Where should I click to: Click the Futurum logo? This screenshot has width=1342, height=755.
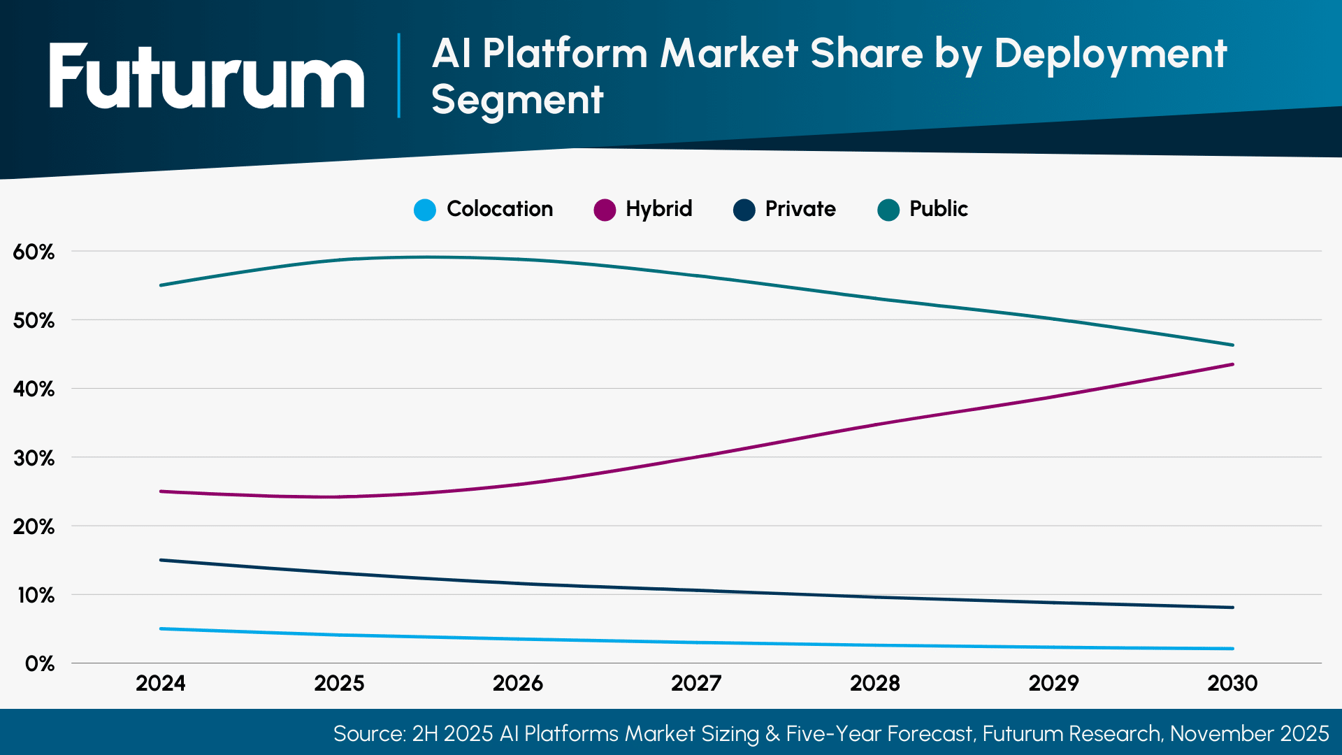(207, 77)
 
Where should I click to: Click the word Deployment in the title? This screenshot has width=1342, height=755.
(1109, 53)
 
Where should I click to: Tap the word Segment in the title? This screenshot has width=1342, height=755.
(517, 100)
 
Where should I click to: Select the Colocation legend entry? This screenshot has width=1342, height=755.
(484, 209)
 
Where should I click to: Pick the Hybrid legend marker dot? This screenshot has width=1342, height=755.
(604, 210)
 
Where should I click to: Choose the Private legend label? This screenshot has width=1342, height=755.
(800, 209)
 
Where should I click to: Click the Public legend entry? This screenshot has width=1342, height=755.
(923, 209)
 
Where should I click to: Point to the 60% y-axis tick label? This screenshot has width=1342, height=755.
(34, 252)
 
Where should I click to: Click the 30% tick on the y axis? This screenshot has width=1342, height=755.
(34, 459)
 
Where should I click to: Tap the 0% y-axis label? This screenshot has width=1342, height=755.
(39, 664)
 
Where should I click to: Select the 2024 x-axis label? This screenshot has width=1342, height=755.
(161, 683)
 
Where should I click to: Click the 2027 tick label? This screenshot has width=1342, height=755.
(696, 683)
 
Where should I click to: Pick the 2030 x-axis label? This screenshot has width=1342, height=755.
(1232, 683)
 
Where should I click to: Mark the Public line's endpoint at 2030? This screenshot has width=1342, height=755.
(1232, 345)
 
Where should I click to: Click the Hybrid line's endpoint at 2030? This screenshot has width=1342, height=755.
(1232, 364)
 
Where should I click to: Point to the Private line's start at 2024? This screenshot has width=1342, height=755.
(161, 560)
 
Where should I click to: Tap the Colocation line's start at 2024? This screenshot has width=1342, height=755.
(161, 628)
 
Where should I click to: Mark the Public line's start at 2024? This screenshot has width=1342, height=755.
(161, 285)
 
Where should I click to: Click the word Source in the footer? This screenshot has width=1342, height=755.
(367, 733)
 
